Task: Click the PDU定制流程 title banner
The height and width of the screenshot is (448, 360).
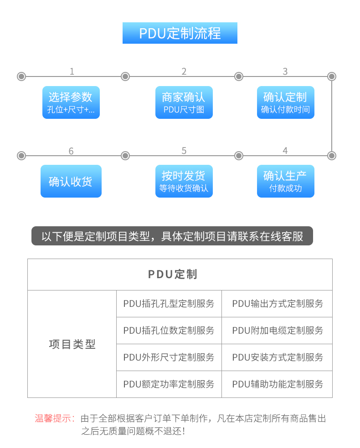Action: [x=180, y=33]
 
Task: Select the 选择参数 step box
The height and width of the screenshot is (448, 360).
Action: [x=71, y=102]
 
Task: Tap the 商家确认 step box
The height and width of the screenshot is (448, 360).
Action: [x=184, y=102]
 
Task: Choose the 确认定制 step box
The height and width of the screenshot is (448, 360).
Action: [x=286, y=102]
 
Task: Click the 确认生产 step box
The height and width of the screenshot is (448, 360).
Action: [x=286, y=181]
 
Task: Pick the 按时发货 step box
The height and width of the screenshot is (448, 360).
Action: [x=184, y=181]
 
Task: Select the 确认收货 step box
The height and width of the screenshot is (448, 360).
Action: [x=71, y=181]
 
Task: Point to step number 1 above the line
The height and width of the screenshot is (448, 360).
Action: [x=72, y=71]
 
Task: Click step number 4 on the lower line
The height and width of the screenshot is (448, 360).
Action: [x=285, y=151]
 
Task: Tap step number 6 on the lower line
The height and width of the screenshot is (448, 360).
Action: [x=71, y=151]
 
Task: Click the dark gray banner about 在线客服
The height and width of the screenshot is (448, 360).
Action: [x=172, y=236]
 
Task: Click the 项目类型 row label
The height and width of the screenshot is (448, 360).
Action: [x=72, y=344]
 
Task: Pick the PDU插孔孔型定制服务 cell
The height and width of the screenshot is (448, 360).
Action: [x=169, y=304]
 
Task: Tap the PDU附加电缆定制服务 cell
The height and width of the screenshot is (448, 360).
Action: [x=277, y=331]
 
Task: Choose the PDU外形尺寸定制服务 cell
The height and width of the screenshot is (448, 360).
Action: [x=169, y=357]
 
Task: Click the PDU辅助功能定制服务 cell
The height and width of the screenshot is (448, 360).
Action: [x=277, y=384]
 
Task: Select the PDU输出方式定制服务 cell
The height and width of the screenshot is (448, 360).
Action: [x=277, y=304]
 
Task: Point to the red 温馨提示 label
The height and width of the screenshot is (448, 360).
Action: [x=55, y=418]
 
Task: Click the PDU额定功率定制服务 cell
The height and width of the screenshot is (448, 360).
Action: [x=169, y=384]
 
